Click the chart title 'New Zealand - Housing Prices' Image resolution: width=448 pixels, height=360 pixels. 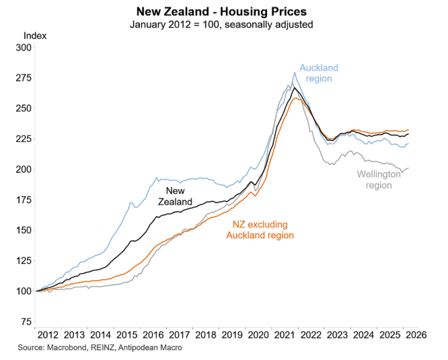(221, 11)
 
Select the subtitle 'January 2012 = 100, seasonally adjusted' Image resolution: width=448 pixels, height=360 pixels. (221, 24)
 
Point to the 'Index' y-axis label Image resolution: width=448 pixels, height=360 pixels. (35, 36)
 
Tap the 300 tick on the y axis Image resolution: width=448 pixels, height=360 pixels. (23, 48)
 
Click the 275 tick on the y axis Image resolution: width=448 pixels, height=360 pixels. (23, 78)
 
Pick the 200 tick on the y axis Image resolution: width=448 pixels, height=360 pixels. (23, 170)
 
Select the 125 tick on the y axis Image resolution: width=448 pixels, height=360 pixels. (23, 260)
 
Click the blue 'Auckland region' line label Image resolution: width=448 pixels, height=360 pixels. (319, 73)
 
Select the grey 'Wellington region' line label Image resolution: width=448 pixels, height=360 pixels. (379, 179)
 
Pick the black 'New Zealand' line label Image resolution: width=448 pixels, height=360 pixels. (175, 196)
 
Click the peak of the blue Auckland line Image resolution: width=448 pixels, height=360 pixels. (295, 73)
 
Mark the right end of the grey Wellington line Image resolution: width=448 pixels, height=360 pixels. (408, 168)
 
